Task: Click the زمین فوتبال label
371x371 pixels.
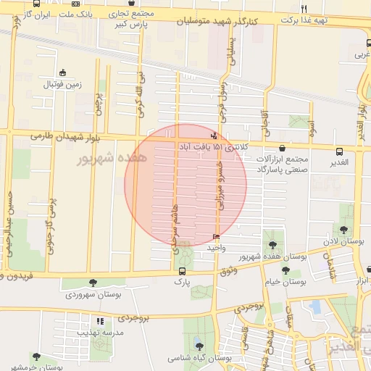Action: click(x=64, y=84)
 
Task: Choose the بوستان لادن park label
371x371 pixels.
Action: click(x=343, y=240)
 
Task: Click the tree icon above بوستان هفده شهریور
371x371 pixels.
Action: click(x=272, y=245)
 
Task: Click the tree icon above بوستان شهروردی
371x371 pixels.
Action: click(x=92, y=283)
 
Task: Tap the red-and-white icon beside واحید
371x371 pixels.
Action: click(x=217, y=237)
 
